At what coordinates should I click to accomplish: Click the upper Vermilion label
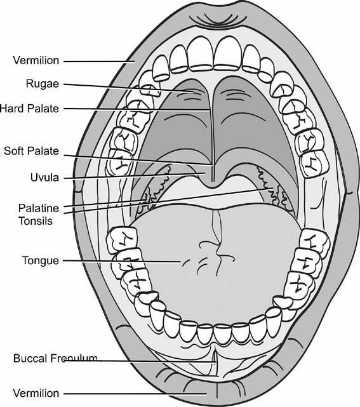[36, 61]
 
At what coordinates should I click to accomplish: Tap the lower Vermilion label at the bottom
[36, 394]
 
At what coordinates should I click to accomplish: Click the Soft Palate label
[31, 151]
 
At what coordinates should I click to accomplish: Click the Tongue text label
[40, 260]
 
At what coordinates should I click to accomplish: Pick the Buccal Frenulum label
[55, 359]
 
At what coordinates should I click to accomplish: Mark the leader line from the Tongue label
[121, 261]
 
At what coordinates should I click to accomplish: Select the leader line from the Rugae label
[127, 86]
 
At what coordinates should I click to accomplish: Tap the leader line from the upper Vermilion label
[98, 61]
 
